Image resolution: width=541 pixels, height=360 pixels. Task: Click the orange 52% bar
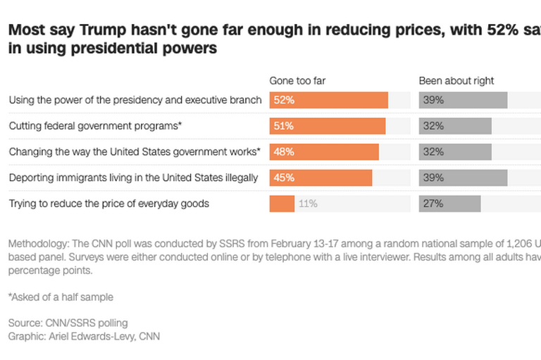(x=328, y=100)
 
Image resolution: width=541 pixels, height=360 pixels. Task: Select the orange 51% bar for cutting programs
(x=327, y=126)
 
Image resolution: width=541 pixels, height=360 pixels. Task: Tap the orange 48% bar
(x=324, y=151)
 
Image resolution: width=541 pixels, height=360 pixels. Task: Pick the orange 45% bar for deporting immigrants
(x=321, y=178)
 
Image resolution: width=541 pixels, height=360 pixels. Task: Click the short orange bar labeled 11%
(x=282, y=204)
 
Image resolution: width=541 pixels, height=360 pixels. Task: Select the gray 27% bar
(x=450, y=204)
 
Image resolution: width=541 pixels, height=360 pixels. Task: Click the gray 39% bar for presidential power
(x=463, y=100)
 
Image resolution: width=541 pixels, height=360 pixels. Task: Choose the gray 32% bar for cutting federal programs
(x=455, y=126)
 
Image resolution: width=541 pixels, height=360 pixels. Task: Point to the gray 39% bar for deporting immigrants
(x=463, y=178)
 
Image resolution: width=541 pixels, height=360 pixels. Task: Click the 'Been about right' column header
(x=456, y=81)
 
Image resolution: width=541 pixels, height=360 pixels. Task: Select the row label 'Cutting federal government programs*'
(x=96, y=126)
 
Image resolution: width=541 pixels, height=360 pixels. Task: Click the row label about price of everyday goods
(x=109, y=204)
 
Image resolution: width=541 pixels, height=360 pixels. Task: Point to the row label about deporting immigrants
(x=133, y=178)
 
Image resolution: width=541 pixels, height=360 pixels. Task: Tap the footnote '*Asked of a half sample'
(x=61, y=297)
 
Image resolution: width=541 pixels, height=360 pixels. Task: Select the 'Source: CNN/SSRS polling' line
(x=68, y=323)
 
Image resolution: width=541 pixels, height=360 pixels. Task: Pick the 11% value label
(x=308, y=204)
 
